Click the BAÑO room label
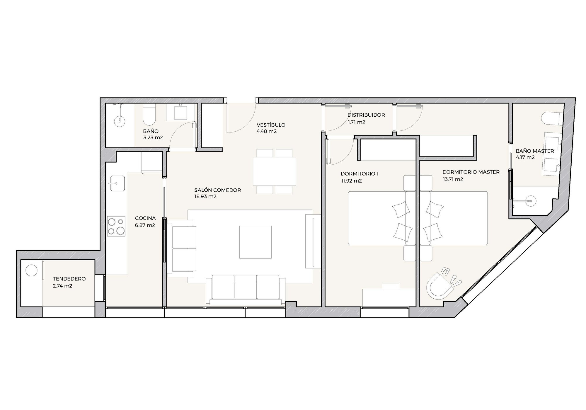coord(151,131)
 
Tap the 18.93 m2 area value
coord(205,196)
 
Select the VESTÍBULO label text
coord(271,125)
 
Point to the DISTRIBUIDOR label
coord(366,115)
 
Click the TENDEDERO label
coord(69,279)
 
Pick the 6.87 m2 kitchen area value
coord(145,225)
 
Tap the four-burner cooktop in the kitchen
coord(116,226)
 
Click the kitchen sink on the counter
coord(117,183)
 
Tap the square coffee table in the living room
coord(255,242)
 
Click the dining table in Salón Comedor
coord(274,171)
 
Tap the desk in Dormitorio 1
coord(389,297)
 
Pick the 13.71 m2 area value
coord(453,179)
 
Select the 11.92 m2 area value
coord(351,181)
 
